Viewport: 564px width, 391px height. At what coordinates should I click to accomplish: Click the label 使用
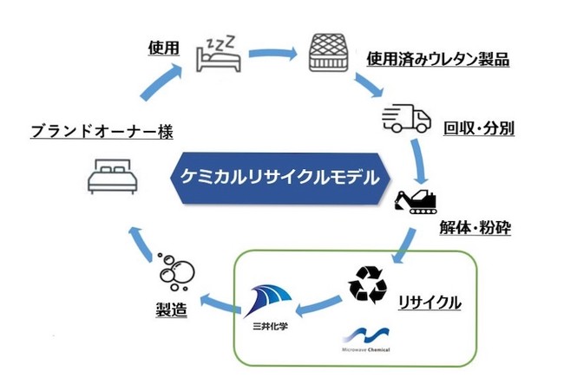click(x=162, y=49)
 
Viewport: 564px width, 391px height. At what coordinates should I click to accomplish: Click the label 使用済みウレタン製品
click(x=437, y=60)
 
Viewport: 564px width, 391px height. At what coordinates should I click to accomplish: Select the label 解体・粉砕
click(x=475, y=231)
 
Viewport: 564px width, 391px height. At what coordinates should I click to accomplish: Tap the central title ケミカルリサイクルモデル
click(x=280, y=179)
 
